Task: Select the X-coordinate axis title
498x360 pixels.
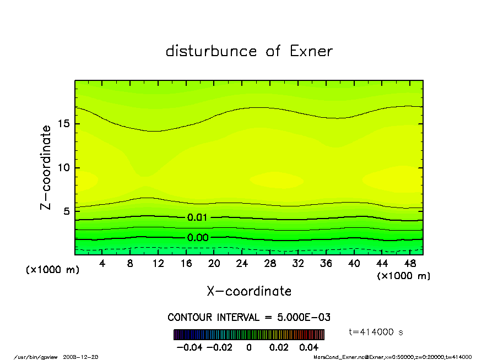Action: click(x=249, y=291)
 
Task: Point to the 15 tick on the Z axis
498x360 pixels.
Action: click(x=63, y=123)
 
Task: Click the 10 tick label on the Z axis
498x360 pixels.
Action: click(x=63, y=167)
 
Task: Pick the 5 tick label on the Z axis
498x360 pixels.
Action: click(x=66, y=211)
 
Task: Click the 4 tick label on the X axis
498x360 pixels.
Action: click(x=102, y=264)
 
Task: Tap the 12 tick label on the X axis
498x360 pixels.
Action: click(x=158, y=264)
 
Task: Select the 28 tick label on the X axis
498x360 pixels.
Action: click(x=270, y=264)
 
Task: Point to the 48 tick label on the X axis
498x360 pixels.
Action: click(x=409, y=264)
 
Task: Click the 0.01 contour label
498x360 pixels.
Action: click(x=197, y=217)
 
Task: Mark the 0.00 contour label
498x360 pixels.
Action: click(x=197, y=238)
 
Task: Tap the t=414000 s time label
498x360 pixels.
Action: click(x=376, y=332)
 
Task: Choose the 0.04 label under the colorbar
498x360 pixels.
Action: click(x=309, y=347)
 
